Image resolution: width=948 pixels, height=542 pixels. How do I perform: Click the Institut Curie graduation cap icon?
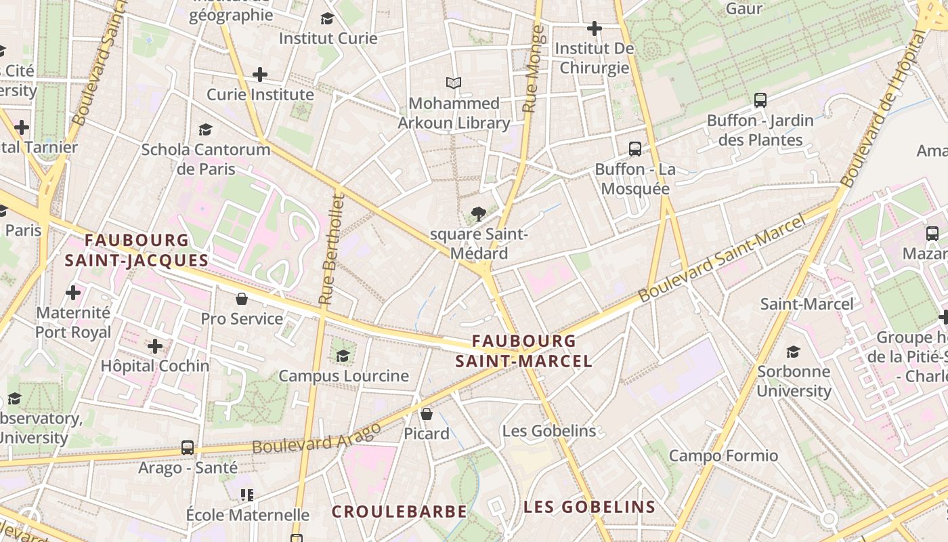click(x=327, y=18)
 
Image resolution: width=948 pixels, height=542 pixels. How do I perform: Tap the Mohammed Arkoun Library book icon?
click(x=454, y=83)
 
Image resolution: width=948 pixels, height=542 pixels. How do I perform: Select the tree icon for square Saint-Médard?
click(x=479, y=214)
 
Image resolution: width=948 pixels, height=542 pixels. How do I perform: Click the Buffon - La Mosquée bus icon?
click(x=634, y=148)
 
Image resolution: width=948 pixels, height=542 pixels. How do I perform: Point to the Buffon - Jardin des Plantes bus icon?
click(x=760, y=100)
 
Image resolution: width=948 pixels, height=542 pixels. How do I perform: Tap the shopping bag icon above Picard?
click(x=427, y=413)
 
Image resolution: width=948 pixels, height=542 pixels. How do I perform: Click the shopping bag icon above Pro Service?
click(x=241, y=299)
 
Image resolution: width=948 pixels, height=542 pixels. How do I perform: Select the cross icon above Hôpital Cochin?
click(x=155, y=346)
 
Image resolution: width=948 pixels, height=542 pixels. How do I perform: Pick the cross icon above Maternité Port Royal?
click(x=73, y=293)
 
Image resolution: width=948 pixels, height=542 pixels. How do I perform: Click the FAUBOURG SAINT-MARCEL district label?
click(x=523, y=351)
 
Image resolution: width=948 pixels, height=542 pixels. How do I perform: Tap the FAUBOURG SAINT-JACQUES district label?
click(x=137, y=250)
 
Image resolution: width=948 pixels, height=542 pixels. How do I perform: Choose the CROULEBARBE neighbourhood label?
click(x=399, y=512)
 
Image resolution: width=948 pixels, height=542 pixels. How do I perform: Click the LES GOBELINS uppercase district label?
click(x=589, y=507)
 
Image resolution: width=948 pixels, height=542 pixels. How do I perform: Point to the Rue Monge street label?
click(x=534, y=69)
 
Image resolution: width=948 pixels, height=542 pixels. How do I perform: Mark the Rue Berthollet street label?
click(x=332, y=249)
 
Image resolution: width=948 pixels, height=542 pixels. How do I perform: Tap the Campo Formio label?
click(x=723, y=455)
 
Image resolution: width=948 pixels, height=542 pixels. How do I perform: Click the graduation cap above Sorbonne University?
click(x=793, y=352)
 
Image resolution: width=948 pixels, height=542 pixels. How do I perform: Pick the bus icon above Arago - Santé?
click(x=188, y=448)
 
